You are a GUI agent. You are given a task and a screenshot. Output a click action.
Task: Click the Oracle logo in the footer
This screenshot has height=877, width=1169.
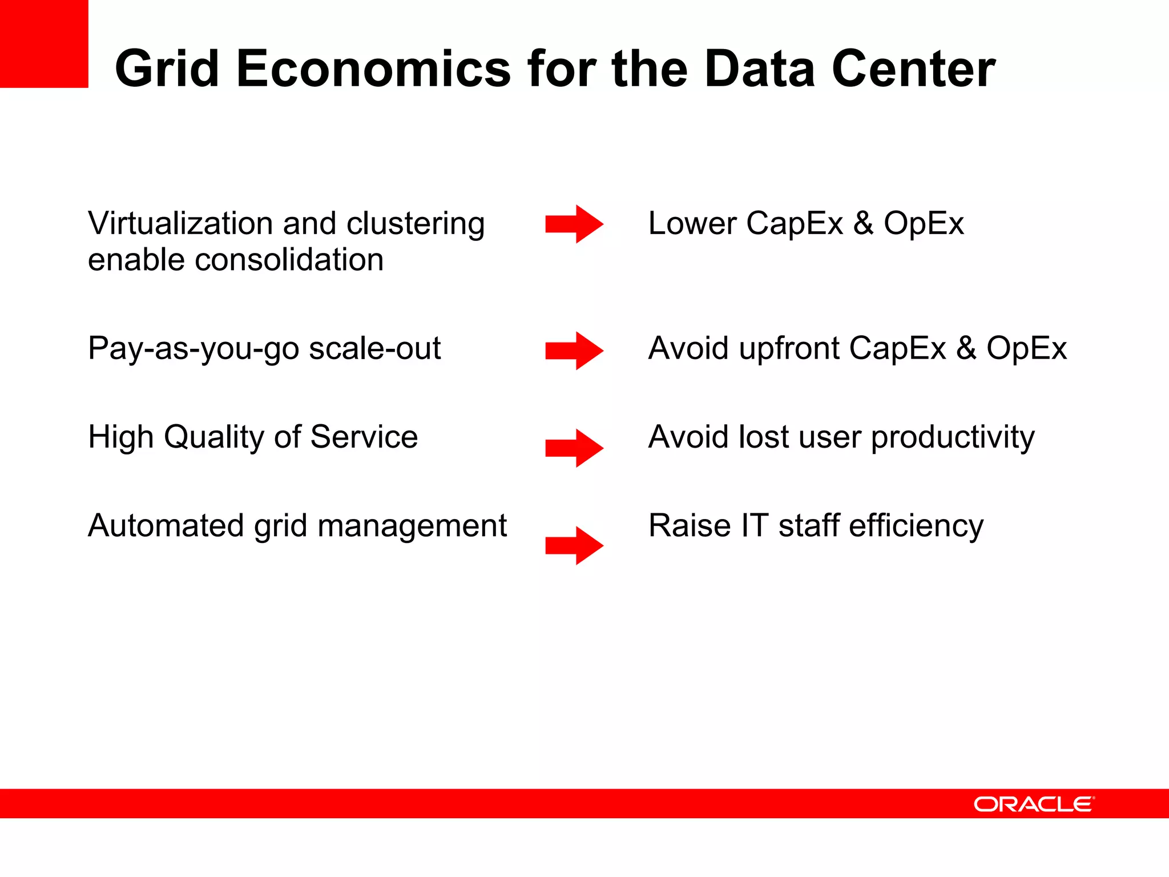[1034, 804]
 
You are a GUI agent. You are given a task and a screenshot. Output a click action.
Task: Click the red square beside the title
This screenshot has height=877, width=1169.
[44, 44]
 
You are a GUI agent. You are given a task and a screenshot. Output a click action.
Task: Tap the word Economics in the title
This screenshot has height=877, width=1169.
[374, 70]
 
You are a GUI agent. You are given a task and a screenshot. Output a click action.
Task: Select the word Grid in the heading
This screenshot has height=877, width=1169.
[167, 70]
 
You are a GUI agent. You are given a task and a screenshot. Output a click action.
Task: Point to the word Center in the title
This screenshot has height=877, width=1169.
[913, 70]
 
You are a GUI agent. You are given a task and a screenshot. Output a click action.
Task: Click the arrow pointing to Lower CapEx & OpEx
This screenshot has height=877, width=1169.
[574, 224]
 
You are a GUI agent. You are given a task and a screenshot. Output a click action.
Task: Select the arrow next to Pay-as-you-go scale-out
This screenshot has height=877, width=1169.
[574, 351]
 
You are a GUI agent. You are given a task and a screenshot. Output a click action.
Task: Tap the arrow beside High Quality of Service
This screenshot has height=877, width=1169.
[574, 448]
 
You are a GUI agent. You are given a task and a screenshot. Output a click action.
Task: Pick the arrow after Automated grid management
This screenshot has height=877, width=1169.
[574, 546]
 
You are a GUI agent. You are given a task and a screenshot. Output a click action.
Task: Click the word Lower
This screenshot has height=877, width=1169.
[692, 223]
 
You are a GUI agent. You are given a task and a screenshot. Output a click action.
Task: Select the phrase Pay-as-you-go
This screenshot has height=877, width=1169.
[193, 349]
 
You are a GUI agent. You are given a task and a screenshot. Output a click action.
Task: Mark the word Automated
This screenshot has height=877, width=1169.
[166, 526]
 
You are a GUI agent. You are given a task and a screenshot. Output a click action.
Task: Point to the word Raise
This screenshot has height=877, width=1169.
[690, 526]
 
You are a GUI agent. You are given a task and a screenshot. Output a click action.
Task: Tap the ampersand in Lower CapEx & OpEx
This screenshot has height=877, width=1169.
[863, 223]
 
